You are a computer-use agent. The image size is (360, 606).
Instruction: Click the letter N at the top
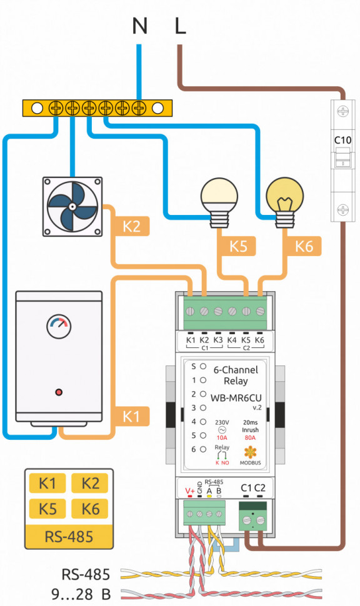141,26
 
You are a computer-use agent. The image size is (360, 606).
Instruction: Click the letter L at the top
180,26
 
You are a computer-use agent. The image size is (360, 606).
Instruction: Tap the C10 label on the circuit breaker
343,139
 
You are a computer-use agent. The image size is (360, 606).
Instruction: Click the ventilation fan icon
72,207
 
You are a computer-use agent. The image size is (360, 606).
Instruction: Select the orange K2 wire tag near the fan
131,226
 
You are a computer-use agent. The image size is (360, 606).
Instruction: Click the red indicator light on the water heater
59,392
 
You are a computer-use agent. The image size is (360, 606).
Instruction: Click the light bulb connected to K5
216,198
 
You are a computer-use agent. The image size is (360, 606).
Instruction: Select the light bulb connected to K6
286,198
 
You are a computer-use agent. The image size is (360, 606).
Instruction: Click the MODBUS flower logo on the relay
250,451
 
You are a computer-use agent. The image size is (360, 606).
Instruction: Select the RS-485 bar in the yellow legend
69,535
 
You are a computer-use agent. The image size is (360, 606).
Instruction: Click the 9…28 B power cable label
78,592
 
